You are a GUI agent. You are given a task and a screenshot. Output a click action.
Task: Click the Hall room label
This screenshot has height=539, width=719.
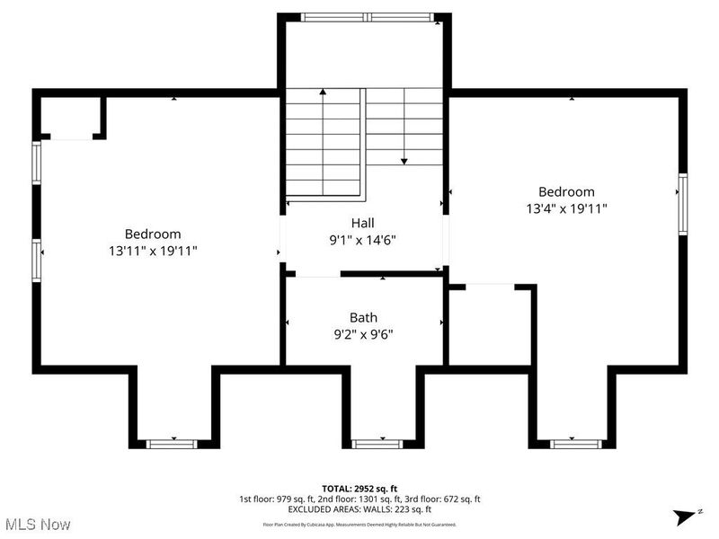click(363, 223)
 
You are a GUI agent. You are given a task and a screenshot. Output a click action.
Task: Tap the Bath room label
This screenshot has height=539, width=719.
click(363, 317)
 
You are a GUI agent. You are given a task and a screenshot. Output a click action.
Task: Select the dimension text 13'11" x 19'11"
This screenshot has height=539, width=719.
click(153, 251)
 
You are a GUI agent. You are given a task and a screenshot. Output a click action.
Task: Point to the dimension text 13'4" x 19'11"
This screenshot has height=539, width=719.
click(566, 208)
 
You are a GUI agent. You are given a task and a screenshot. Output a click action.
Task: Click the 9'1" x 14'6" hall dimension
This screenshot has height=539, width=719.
click(363, 240)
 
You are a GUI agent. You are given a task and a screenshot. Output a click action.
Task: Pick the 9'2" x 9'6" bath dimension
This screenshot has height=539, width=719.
click(363, 334)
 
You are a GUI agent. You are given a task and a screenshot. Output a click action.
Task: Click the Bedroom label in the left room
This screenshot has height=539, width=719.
click(153, 234)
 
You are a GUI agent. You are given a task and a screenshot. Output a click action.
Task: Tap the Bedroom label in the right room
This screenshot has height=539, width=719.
click(566, 191)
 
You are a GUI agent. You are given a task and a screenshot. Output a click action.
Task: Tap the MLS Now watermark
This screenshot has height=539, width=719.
click(38, 523)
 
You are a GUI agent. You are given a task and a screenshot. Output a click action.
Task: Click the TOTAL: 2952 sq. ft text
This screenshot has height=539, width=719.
click(359, 488)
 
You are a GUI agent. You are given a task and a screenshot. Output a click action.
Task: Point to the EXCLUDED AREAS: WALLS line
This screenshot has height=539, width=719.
click(359, 509)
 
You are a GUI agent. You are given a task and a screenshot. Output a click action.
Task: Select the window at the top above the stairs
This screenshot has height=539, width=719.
click(366, 16)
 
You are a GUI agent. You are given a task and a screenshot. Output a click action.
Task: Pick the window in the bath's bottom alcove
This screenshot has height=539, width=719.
click(377, 443)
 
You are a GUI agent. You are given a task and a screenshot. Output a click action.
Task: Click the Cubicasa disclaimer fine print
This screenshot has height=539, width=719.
click(359, 524)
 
